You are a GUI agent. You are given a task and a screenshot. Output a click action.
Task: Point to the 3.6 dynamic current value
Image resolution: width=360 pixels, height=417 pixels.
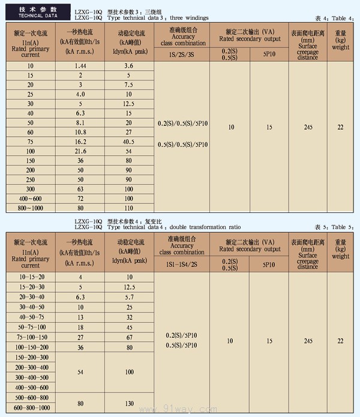click(x=128, y=64)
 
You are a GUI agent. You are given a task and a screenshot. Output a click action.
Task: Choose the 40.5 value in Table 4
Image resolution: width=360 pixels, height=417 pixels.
click(x=128, y=142)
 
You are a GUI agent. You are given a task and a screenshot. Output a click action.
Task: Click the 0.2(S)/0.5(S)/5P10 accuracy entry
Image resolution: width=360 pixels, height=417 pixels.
click(x=182, y=124)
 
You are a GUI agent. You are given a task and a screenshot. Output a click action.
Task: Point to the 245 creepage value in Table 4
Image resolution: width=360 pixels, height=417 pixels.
click(x=308, y=127)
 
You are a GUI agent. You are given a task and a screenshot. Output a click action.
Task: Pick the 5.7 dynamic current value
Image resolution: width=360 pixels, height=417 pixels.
click(x=128, y=296)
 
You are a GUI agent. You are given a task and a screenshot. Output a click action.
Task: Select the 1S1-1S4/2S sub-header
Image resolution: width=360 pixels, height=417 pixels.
click(x=182, y=263)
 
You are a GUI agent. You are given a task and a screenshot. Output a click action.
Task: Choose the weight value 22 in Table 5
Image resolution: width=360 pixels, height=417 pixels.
click(x=340, y=341)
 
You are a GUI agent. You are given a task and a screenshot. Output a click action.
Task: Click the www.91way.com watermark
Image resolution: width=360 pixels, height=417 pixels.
click(x=180, y=409)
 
